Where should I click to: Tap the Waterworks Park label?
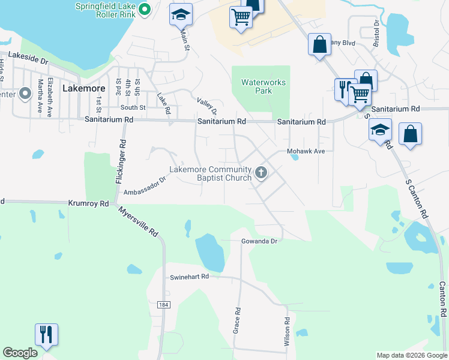264,86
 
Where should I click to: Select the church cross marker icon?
261,173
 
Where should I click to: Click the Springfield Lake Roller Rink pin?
144,10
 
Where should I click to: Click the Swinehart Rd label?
188,277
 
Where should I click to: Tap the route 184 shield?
164,305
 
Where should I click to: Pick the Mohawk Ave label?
306,151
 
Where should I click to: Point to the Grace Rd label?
237,321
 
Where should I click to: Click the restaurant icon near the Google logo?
46,335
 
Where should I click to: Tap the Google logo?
20,353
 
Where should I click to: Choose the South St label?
133,107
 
